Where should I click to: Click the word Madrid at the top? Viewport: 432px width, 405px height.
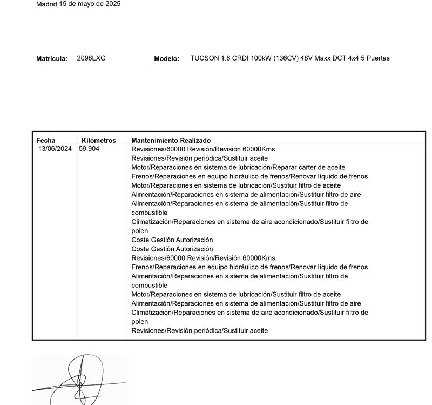coord(46,4)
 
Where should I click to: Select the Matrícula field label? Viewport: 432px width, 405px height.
coord(52,59)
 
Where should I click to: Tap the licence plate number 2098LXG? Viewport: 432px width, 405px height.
coord(91,58)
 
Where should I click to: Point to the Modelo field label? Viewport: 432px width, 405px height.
coord(166,59)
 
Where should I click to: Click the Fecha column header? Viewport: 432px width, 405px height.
coord(46,141)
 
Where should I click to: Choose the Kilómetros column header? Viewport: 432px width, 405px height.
coord(98,141)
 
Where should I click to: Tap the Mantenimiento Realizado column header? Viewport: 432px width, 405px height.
coord(171,141)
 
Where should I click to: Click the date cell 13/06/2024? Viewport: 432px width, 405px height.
coord(55,149)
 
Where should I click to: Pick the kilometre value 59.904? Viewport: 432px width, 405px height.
coord(89,149)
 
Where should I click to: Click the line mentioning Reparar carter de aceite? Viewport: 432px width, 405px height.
coord(238,167)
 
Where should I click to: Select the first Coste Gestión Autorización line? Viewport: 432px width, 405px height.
coord(172,240)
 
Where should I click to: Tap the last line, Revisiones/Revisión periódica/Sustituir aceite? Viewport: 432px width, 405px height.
coord(199,330)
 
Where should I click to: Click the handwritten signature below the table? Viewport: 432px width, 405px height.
coord(80,379)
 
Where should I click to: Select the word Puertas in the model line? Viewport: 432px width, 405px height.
coord(379,58)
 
